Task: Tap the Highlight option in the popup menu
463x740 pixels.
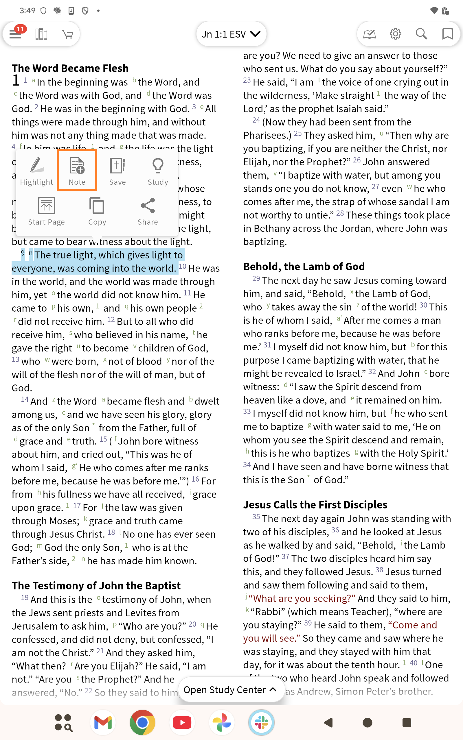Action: tap(36, 171)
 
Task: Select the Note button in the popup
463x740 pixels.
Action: tap(77, 171)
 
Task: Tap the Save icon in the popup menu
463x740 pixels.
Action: tap(117, 171)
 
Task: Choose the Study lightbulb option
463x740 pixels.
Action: tap(158, 171)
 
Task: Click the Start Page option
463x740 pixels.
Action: tap(46, 211)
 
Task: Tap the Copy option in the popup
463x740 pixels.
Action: tap(97, 211)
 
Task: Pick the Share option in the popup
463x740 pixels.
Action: tap(148, 211)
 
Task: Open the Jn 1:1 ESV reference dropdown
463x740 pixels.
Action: tap(231, 34)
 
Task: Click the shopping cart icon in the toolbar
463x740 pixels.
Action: tap(67, 34)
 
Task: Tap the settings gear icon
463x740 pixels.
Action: tap(395, 34)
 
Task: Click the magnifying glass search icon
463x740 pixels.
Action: tap(421, 34)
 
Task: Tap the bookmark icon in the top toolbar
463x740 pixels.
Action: tap(447, 34)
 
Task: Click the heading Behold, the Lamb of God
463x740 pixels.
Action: tap(304, 267)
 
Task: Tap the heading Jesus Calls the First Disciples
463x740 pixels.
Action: tap(315, 504)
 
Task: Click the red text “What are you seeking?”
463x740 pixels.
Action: tap(302, 598)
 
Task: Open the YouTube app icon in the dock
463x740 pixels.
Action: tap(182, 723)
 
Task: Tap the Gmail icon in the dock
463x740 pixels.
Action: tap(103, 723)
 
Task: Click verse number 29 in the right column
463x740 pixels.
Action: tap(256, 279)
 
